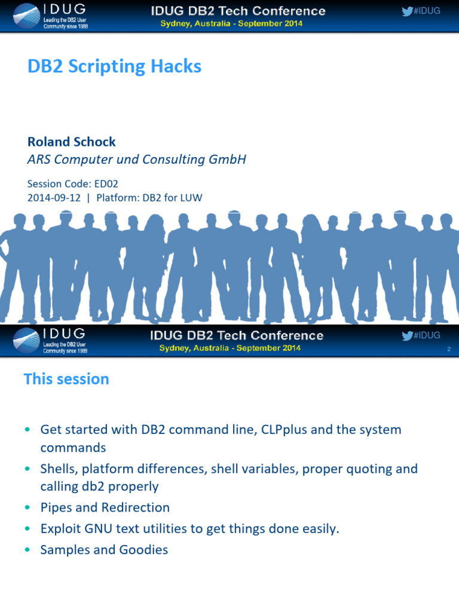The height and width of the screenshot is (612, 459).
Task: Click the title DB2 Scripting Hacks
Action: [x=114, y=66]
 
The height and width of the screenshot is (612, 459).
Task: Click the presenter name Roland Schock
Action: [x=72, y=142]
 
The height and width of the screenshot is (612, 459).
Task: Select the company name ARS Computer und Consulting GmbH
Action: [x=137, y=160]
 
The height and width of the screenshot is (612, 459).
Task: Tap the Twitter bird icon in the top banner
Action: [x=407, y=11]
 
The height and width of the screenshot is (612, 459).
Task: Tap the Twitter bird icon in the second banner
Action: [x=407, y=335]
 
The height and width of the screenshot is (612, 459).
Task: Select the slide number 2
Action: [x=448, y=350]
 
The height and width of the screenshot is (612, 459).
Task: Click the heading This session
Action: [x=66, y=379]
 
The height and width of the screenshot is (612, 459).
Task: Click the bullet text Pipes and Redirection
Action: [x=105, y=507]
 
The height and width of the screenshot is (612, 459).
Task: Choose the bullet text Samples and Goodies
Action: [x=104, y=550]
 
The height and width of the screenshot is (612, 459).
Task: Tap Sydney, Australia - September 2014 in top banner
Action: [x=231, y=24]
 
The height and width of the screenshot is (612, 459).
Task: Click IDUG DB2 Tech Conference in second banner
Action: [x=237, y=335]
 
